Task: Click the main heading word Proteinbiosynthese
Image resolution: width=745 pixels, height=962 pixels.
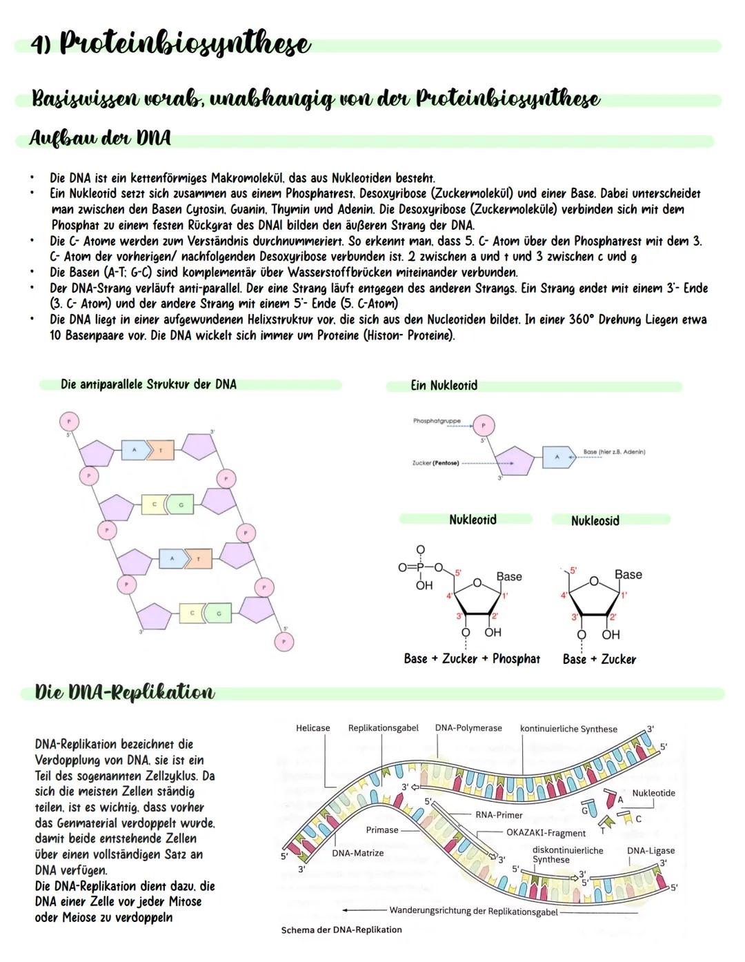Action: click(x=185, y=44)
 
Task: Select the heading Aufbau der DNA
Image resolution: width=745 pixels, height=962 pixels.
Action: click(x=100, y=138)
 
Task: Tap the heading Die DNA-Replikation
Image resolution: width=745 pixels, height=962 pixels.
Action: click(x=125, y=692)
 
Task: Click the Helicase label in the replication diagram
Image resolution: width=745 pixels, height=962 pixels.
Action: click(x=312, y=728)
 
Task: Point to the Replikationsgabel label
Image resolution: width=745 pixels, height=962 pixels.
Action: click(x=383, y=728)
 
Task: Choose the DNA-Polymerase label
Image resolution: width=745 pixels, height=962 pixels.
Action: click(x=468, y=728)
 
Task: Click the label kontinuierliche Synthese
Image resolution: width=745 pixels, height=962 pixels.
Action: click(x=568, y=729)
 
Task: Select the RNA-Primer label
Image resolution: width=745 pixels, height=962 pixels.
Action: click(x=499, y=815)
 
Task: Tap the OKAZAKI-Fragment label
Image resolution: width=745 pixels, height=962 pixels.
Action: click(x=546, y=833)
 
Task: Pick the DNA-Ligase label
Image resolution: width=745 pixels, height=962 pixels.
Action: click(x=650, y=851)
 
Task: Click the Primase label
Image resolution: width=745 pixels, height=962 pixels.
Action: click(x=381, y=830)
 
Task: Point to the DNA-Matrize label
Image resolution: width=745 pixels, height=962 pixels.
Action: click(x=357, y=854)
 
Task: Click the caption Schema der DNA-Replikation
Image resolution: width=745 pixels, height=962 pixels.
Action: click(x=341, y=930)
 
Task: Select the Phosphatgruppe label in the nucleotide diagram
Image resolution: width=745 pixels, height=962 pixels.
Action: click(x=437, y=421)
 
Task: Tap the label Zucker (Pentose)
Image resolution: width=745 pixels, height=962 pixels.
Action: click(x=435, y=463)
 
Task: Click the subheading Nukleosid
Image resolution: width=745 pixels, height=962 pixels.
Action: click(x=595, y=521)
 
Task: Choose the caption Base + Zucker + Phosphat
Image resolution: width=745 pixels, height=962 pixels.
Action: click(x=472, y=659)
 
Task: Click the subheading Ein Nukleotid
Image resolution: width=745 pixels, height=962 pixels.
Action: click(x=444, y=386)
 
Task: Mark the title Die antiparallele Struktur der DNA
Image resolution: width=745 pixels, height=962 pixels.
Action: click(x=148, y=384)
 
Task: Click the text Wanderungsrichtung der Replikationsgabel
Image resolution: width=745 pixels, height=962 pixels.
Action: click(x=473, y=911)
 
